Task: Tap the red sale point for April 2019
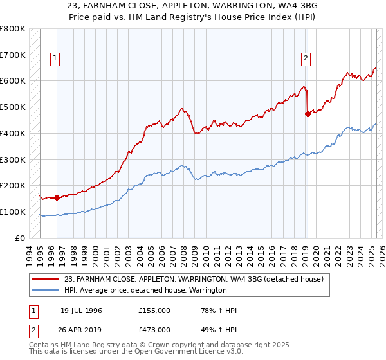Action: [x=308, y=114]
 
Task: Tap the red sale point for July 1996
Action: [x=57, y=197]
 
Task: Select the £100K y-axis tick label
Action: [x=14, y=212]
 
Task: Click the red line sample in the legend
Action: [x=46, y=278]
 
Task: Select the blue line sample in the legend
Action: [x=46, y=290]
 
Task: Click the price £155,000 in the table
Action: [x=154, y=310]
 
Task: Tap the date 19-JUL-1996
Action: [x=81, y=310]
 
